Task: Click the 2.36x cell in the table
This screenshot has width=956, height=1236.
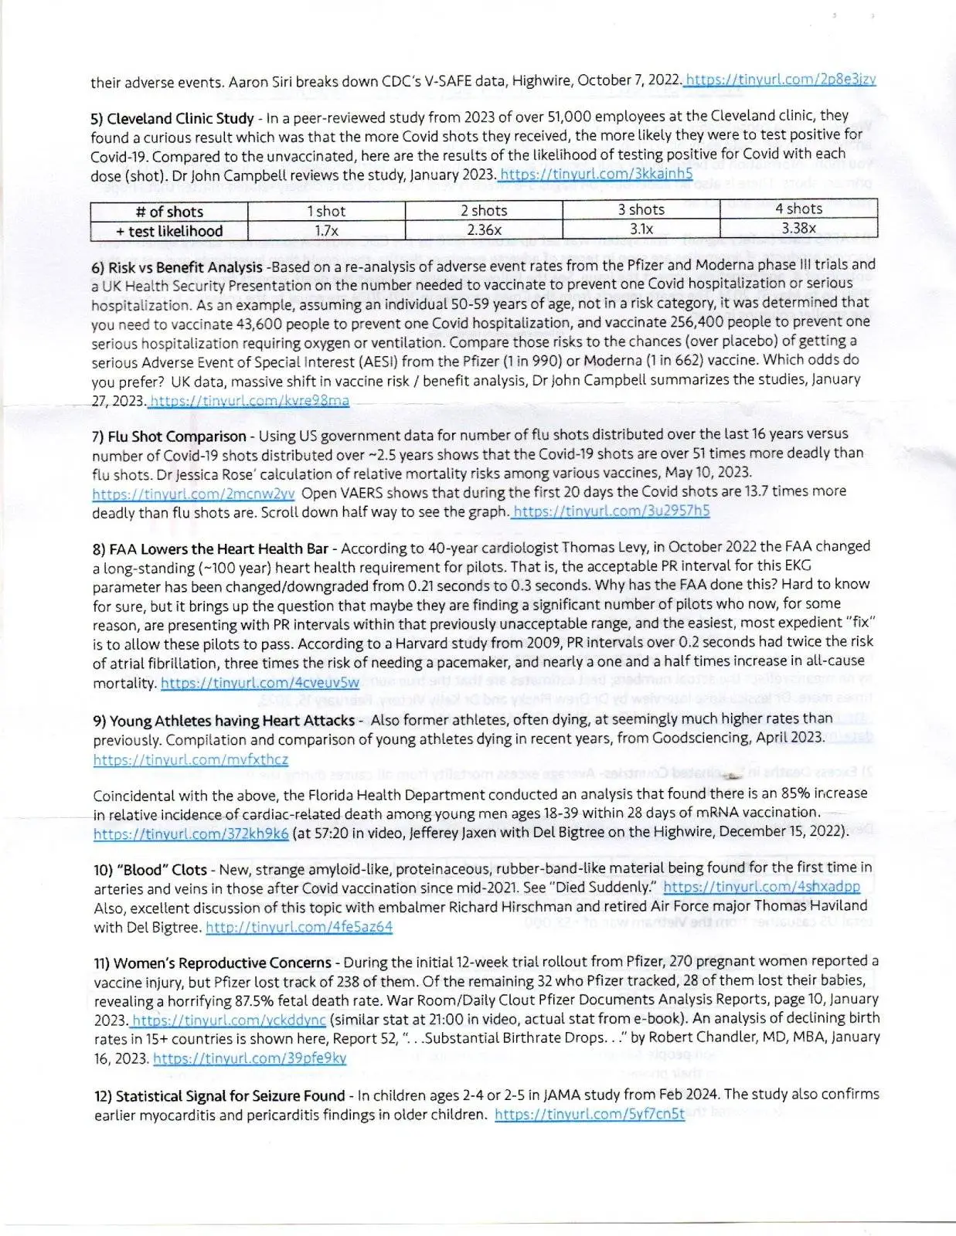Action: click(x=484, y=229)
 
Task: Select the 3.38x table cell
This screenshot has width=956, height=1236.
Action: click(x=798, y=228)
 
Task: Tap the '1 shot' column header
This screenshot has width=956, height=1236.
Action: click(x=326, y=211)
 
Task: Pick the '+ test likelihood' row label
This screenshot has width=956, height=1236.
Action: click(x=169, y=231)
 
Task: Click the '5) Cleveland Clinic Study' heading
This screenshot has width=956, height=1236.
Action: click(x=172, y=118)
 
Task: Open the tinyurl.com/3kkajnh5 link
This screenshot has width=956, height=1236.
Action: click(x=596, y=174)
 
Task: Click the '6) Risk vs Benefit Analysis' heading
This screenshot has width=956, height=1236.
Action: click(x=177, y=267)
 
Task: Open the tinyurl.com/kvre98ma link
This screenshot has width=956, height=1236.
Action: click(x=249, y=400)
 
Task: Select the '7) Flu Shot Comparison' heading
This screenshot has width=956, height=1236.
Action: click(x=169, y=436)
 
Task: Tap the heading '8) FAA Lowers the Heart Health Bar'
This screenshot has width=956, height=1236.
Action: click(x=211, y=549)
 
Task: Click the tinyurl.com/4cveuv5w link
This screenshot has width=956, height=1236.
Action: click(x=260, y=683)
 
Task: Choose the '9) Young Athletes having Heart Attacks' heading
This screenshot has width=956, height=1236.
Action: click(x=224, y=721)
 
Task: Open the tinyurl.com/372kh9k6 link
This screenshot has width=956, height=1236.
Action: click(x=191, y=833)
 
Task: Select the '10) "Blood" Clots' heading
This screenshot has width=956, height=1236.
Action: click(x=151, y=869)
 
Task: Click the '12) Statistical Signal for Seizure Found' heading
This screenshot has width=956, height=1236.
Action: click(x=219, y=1096)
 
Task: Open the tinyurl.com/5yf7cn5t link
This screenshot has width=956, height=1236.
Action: click(x=589, y=1115)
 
